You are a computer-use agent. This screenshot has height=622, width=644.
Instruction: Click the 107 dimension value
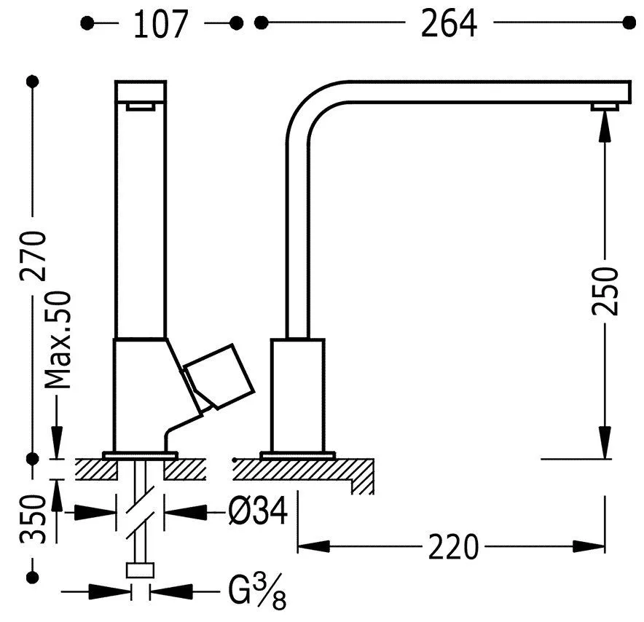coord(160,24)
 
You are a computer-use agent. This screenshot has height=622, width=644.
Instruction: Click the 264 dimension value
coord(449,24)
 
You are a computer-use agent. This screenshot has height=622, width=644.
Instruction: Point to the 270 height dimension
coord(33,256)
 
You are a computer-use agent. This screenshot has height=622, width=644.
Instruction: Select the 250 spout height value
coord(605,291)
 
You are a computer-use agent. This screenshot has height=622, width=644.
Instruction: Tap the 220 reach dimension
coord(453,547)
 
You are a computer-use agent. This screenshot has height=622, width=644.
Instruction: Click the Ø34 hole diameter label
coord(258,511)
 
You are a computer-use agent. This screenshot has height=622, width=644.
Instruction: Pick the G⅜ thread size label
coord(257,592)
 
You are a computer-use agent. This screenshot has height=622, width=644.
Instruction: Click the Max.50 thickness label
coord(58,340)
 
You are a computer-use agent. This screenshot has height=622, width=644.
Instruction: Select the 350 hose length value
coord(33,520)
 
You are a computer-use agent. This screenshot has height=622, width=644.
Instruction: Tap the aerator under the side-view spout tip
coord(605,107)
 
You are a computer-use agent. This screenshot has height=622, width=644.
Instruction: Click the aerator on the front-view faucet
coord(141,107)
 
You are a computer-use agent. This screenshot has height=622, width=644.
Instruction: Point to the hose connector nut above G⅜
coord(140,570)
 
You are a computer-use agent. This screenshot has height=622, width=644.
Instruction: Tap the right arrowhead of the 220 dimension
coord(589,547)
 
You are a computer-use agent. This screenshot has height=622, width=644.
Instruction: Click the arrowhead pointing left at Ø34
coord(185,511)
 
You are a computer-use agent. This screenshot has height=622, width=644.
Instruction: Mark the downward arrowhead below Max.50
coord(57,443)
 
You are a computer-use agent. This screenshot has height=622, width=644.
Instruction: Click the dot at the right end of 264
coord(629,23)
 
